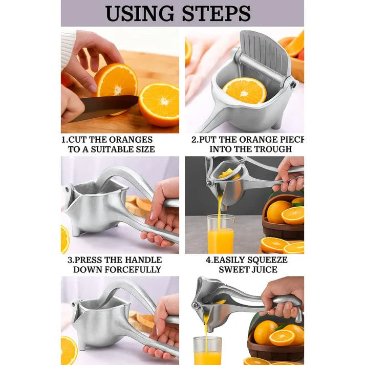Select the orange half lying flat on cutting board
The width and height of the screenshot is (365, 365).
tap(159, 104)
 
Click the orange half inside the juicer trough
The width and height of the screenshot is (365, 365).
tap(245, 90)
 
